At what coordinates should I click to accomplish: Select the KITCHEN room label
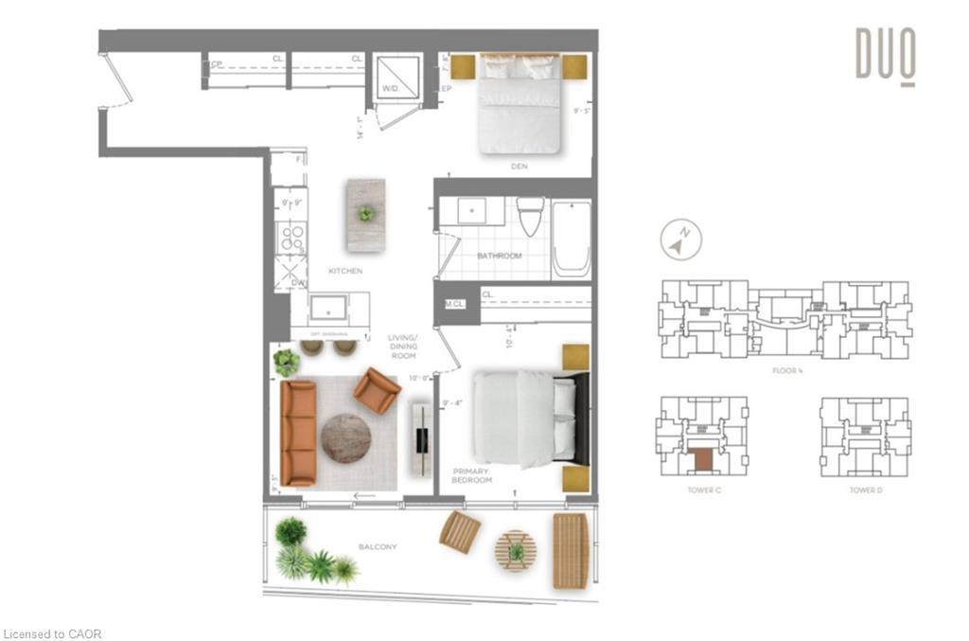[x=345, y=271]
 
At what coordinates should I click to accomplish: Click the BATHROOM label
[x=499, y=256]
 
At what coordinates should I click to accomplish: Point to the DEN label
[x=519, y=167]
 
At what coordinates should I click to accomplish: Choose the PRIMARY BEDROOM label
[x=472, y=475]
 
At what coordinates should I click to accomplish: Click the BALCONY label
[x=378, y=547]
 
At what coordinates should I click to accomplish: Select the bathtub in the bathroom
[x=572, y=239]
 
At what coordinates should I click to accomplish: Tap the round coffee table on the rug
[x=345, y=437]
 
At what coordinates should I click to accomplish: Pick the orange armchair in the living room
[x=377, y=390]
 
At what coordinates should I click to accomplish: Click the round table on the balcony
[x=516, y=550]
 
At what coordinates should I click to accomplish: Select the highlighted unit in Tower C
[x=702, y=459]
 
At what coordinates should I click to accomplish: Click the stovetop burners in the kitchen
[x=290, y=237]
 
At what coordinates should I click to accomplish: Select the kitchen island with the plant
[x=365, y=215]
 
